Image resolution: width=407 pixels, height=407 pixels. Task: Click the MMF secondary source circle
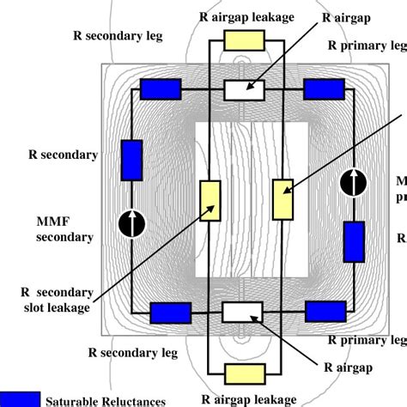tap(131, 223)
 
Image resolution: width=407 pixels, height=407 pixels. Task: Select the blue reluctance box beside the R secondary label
tap(131, 161)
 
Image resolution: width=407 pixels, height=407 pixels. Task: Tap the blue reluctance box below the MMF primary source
tap(353, 241)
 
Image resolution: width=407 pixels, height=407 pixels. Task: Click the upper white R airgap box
tap(245, 89)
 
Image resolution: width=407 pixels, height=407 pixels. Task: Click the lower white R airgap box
tap(241, 312)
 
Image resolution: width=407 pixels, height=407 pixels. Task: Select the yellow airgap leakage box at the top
tap(245, 40)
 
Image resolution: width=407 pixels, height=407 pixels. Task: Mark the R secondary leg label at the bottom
tap(128, 350)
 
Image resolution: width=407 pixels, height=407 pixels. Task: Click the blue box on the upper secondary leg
tap(160, 89)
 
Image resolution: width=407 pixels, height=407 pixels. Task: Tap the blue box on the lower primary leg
tap(325, 312)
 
